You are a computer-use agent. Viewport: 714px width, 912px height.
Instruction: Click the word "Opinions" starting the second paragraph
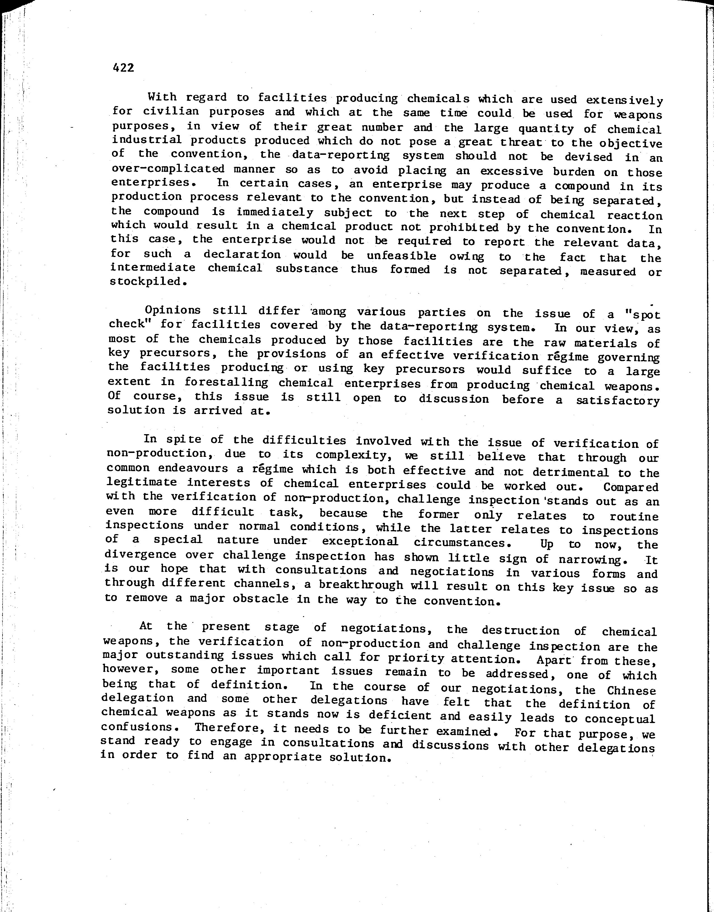172,310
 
